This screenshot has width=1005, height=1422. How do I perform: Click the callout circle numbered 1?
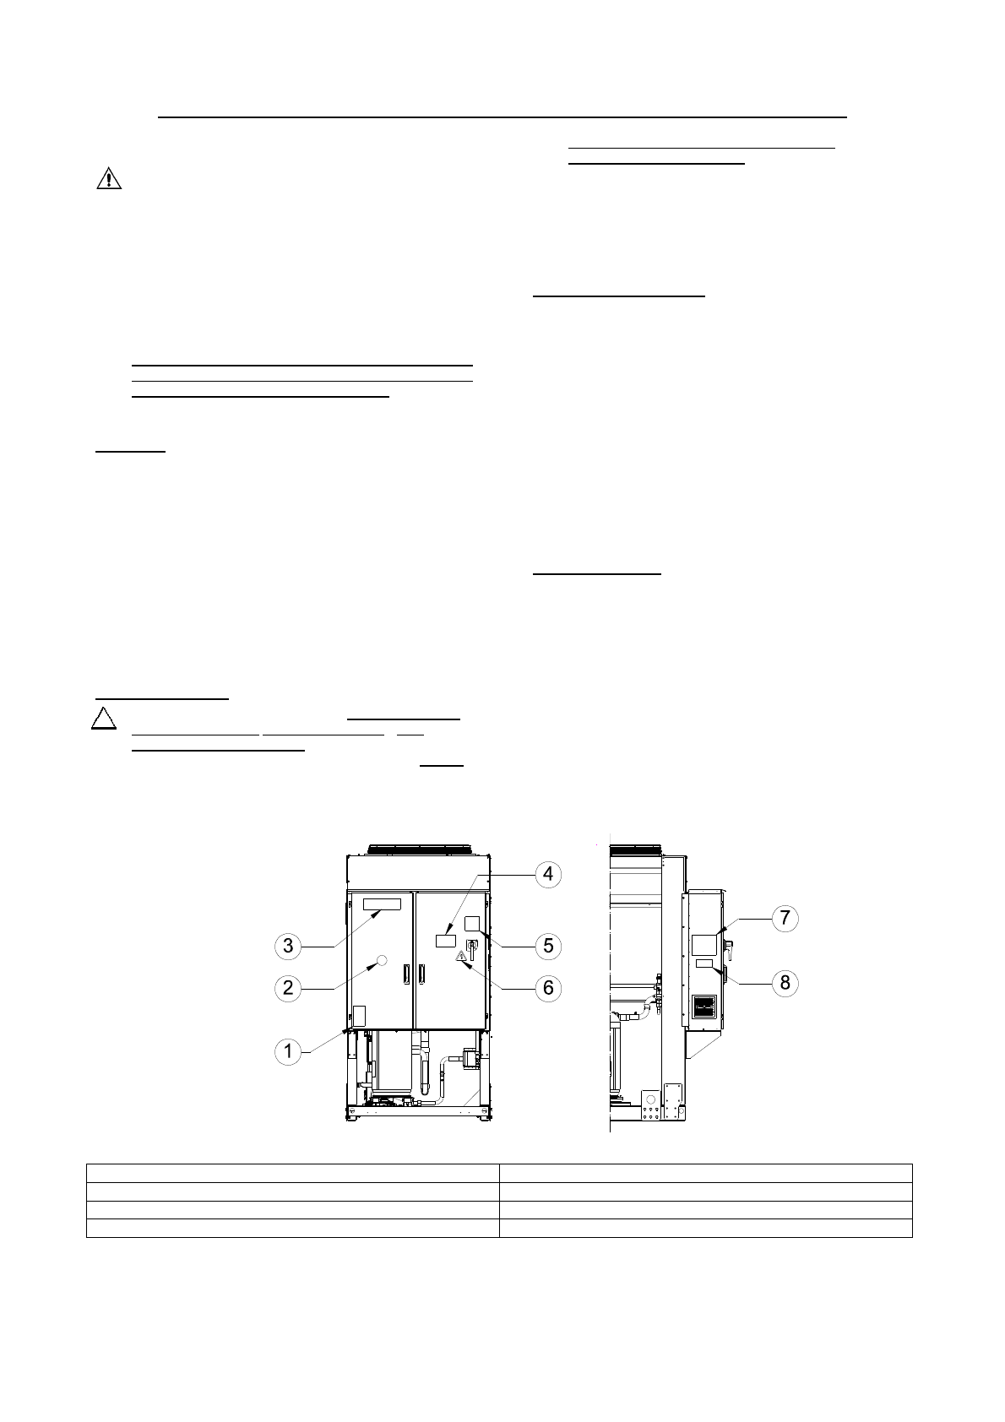click(x=288, y=1051)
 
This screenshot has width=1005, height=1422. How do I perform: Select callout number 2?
click(x=288, y=987)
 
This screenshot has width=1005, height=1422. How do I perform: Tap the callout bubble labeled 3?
click(x=288, y=946)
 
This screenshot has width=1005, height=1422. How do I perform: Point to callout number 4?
click(x=548, y=873)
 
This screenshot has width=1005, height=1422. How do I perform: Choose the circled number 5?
click(x=548, y=946)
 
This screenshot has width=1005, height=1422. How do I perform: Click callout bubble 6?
click(x=548, y=987)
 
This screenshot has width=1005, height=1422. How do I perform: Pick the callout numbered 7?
click(x=785, y=917)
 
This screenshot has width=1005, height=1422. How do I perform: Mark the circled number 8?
click(x=785, y=982)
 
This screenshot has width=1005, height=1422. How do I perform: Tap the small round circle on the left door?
click(x=382, y=960)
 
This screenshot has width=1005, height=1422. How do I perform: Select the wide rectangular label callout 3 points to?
click(x=383, y=905)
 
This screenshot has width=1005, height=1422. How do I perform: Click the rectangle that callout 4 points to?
click(x=445, y=940)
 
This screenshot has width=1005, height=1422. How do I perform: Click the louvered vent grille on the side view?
click(x=704, y=1007)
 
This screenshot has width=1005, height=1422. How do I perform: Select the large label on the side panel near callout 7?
click(x=703, y=944)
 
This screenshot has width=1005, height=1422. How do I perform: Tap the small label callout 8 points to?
click(x=704, y=963)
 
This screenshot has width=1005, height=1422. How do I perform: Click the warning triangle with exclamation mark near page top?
click(x=109, y=179)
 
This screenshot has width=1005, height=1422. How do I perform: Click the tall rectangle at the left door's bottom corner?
click(x=358, y=1015)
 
